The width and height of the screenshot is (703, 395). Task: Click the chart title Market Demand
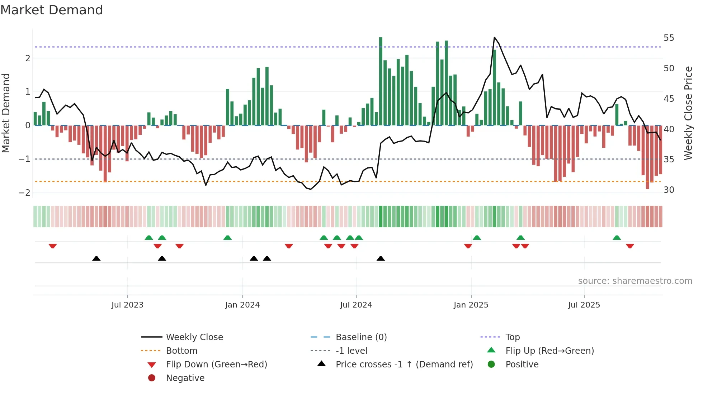click(x=52, y=10)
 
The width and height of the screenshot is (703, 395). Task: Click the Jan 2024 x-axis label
click(x=242, y=305)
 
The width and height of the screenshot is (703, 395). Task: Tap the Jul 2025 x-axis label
click(x=584, y=305)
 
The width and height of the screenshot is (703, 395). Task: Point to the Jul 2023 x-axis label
click(x=127, y=305)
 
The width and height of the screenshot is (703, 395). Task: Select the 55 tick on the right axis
click(x=669, y=38)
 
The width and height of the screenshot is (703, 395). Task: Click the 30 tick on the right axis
click(x=669, y=190)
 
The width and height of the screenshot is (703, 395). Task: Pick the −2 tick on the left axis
click(x=25, y=193)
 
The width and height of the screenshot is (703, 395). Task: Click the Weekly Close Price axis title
click(x=688, y=113)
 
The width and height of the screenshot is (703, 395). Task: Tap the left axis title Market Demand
click(x=6, y=113)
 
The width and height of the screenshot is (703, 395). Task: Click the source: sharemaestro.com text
click(x=635, y=281)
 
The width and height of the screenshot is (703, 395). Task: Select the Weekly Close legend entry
click(x=194, y=337)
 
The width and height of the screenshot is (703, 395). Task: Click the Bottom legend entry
click(x=181, y=351)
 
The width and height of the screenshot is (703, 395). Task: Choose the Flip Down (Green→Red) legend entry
click(x=216, y=365)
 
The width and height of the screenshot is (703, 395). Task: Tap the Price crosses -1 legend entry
click(x=404, y=365)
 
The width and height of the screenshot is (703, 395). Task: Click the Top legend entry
click(x=512, y=337)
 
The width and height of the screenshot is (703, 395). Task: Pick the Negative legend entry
click(x=185, y=378)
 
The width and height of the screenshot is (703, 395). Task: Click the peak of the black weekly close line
click(x=494, y=37)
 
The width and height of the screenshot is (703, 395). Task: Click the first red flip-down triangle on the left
click(x=53, y=246)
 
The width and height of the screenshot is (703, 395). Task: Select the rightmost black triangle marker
click(x=381, y=258)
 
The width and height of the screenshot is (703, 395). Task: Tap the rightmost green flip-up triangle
click(x=617, y=238)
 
